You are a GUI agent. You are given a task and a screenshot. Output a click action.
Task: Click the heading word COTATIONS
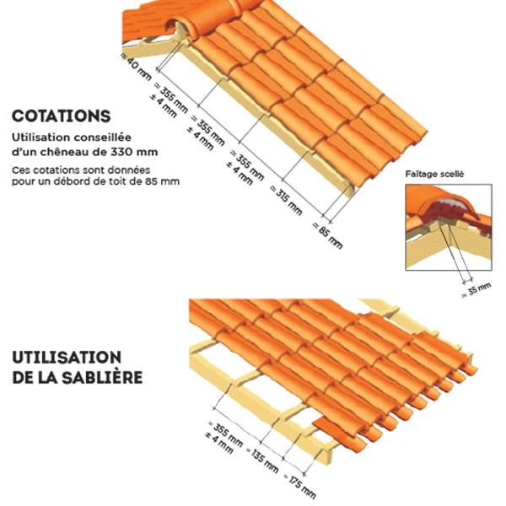click(62, 116)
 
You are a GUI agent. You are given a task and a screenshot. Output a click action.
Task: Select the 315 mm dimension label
click(286, 201)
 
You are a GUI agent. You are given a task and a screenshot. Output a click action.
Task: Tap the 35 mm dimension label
click(476, 289)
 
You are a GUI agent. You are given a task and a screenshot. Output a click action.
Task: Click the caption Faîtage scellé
click(434, 175)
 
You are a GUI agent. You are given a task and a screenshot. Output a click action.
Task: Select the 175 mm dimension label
click(299, 487)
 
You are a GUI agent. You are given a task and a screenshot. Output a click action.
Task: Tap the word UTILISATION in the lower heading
click(67, 358)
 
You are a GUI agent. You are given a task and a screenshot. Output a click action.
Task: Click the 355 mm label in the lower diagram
click(225, 433)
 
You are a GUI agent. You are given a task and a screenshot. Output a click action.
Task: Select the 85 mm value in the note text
click(163, 181)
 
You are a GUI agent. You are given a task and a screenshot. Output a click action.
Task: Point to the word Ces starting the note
click(21, 170)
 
